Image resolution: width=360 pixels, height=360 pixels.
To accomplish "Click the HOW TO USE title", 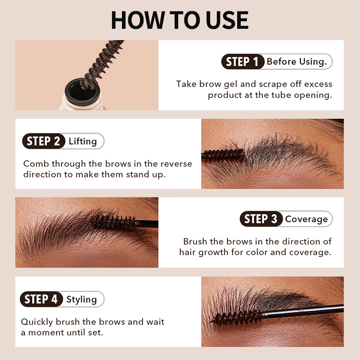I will coord(180,20).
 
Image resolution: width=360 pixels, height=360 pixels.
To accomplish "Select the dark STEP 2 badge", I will coord(43,141).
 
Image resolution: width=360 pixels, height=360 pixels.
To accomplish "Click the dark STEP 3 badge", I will coord(261,219).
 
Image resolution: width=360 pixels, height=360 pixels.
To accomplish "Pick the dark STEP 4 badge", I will coord(41,299).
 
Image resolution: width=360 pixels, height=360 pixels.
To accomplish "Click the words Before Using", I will coord(297,62).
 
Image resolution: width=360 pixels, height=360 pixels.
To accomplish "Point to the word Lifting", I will coord(83,141).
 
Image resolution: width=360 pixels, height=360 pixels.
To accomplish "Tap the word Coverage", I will coord(306,219).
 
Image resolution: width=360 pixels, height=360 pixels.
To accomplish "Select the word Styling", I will coord(81,299).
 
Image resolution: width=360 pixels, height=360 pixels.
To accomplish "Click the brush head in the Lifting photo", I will coord(224,155).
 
